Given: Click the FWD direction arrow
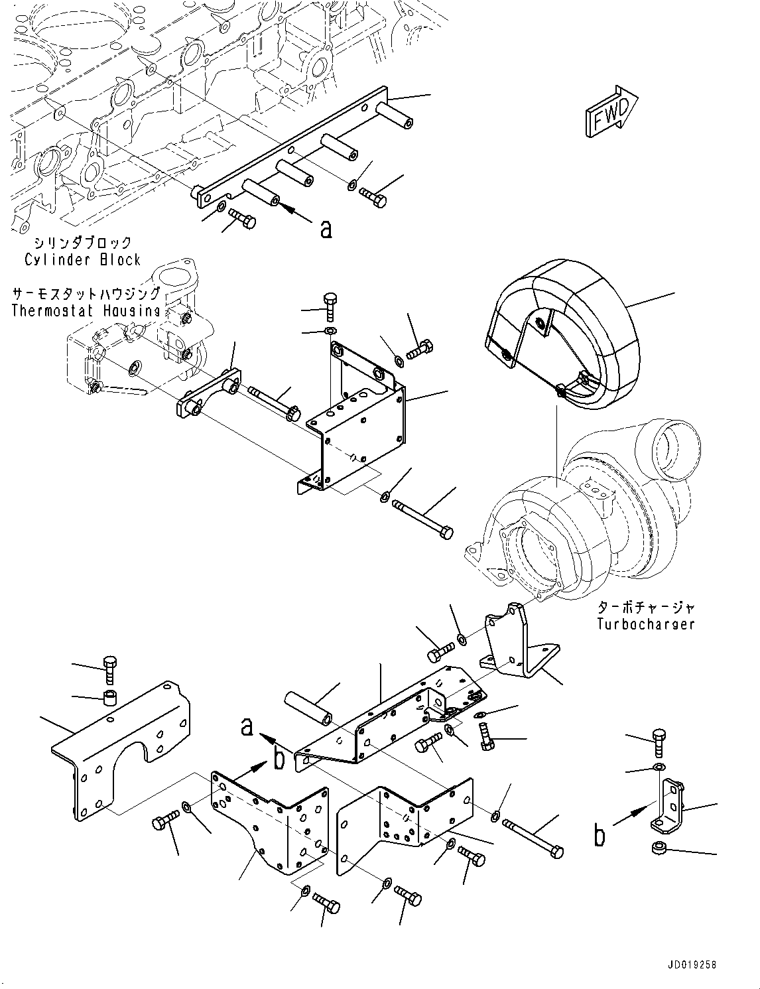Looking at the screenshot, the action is click(x=611, y=111).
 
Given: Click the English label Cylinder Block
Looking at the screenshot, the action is click(x=82, y=260).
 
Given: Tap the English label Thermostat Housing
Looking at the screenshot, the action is click(x=86, y=311).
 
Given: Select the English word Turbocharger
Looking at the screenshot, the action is click(x=646, y=624).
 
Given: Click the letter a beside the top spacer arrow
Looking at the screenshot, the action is click(x=326, y=229).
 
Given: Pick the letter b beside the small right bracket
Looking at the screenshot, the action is click(x=600, y=836).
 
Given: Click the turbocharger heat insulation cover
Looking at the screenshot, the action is click(x=561, y=334).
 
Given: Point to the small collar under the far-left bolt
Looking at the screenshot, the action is click(x=109, y=710).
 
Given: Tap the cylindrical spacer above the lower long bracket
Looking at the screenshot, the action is click(x=308, y=713).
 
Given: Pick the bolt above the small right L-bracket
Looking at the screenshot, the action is click(x=659, y=742).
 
